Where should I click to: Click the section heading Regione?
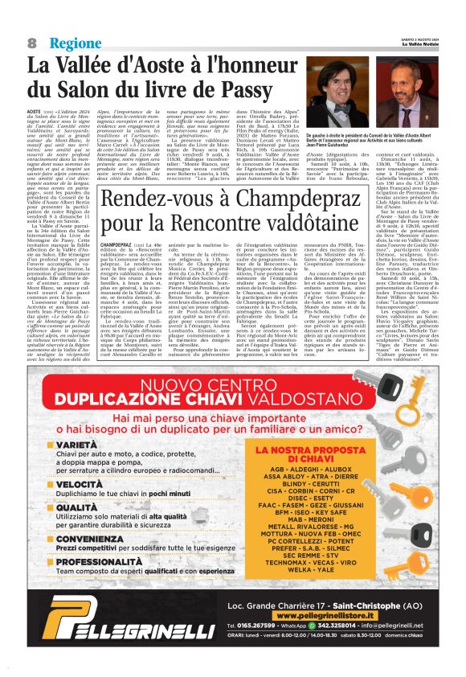(75, 43)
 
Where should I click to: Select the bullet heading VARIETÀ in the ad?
(80, 444)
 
